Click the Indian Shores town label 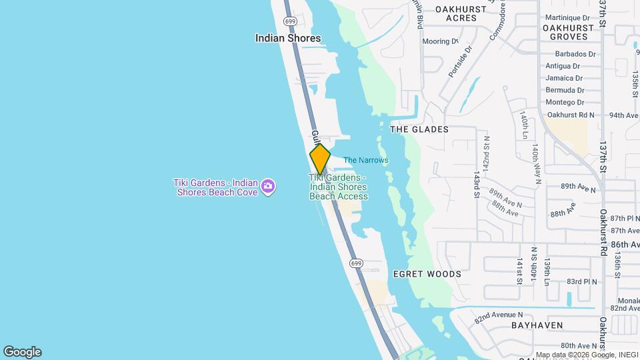coord(288,38)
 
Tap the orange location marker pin coord(320,159)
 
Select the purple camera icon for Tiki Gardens coord(268,186)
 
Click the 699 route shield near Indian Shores coord(290,21)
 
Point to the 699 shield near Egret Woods coord(356,264)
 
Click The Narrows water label coord(365,160)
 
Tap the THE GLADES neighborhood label coord(419,129)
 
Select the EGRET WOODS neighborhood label coord(427,274)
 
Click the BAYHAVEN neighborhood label coord(537,325)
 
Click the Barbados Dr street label coord(571,54)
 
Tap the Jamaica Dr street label coord(564,78)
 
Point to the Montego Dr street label coord(565,102)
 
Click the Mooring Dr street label coord(440,41)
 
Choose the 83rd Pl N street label coord(581,282)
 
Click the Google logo coord(22,352)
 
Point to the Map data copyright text coord(586,355)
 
